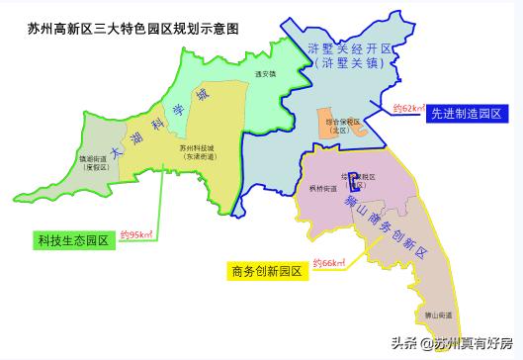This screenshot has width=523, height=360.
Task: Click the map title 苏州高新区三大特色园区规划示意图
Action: (x=133, y=29)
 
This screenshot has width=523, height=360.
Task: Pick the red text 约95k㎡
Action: (x=135, y=234)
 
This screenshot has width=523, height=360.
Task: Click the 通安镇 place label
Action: (x=264, y=73)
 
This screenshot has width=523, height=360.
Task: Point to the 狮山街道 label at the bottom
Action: (x=438, y=315)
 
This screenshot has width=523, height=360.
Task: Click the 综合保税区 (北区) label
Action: (x=334, y=125)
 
